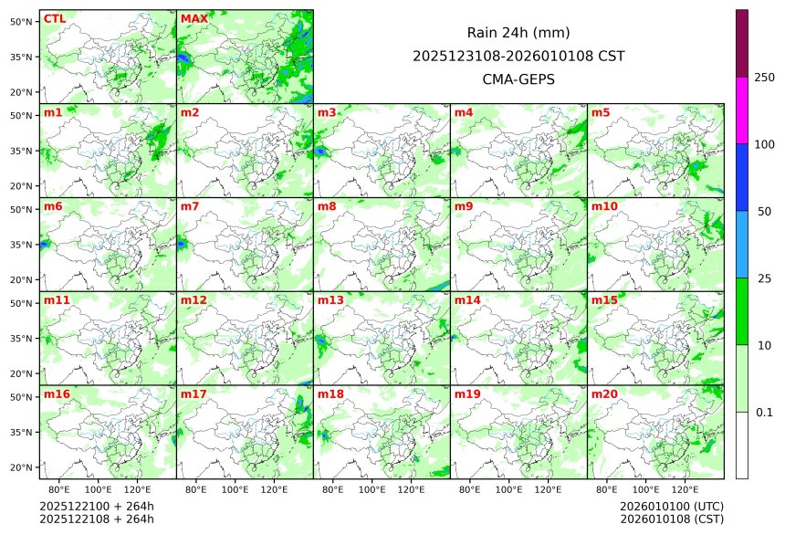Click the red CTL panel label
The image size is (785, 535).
[54, 19]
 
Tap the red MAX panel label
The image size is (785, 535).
[194, 19]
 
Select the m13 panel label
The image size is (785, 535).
[330, 300]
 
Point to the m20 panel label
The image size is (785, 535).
[605, 394]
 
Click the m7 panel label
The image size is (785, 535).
[190, 206]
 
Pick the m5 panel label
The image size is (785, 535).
[601, 112]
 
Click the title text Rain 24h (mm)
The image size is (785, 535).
[518, 33]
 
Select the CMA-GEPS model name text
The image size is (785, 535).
[518, 79]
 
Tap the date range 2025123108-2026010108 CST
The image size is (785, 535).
[518, 56]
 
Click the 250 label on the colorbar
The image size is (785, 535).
[765, 78]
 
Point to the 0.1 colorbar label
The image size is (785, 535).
[764, 413]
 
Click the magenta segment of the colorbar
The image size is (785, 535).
[742, 110]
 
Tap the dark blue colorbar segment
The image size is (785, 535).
[742, 177]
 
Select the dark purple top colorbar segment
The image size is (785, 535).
[742, 43]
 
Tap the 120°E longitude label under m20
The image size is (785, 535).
[686, 489]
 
